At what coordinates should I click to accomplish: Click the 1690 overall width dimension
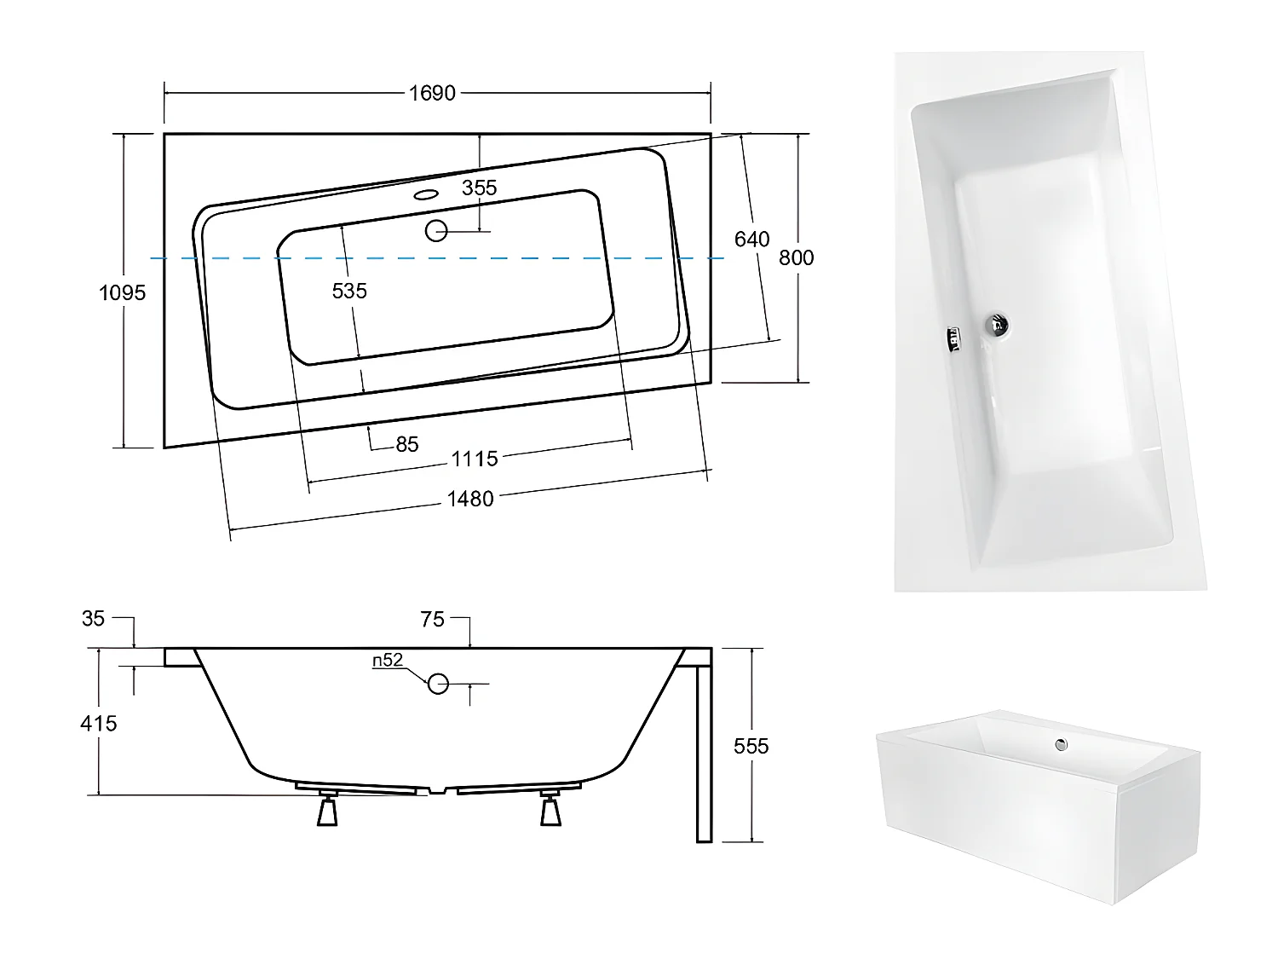coord(432,93)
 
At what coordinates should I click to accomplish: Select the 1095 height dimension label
coord(123,292)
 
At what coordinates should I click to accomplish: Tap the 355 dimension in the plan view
coord(479,188)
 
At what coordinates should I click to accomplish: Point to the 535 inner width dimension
coord(349,291)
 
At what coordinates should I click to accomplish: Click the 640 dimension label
coord(751,240)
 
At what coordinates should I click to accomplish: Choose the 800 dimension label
coord(796,257)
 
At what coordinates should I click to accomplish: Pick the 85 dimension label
coord(407,444)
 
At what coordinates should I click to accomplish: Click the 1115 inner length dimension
coord(474,459)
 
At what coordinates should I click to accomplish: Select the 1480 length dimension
coord(470,499)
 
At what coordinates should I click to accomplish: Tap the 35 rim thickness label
coord(93,618)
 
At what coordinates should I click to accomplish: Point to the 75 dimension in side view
coord(433,620)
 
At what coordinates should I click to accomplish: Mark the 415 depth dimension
coord(99,723)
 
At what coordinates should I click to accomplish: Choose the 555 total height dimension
coord(751,746)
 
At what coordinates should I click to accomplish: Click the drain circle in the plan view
coord(436,230)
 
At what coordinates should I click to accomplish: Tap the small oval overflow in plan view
coord(424,194)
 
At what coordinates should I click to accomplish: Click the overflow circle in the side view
coord(438,683)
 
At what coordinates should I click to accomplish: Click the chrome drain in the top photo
coord(996,324)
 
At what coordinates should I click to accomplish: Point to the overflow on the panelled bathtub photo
coord(1061,744)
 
